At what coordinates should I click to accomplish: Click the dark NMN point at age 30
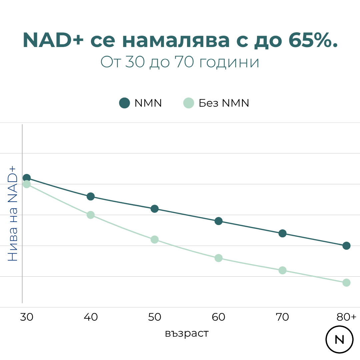27,178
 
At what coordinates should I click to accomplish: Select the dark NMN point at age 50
154,209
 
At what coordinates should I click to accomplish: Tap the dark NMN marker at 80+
346,246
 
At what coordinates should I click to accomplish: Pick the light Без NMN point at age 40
91,215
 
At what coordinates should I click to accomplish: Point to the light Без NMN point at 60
218,258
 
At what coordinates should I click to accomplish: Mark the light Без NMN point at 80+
346,283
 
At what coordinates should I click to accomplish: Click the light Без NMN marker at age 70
282,270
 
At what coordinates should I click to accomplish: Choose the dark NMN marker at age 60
218,221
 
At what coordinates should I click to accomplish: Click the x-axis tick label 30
27,317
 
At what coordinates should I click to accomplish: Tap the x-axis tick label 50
154,317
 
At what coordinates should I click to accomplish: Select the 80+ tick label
346,317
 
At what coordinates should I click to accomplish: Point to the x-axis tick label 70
282,317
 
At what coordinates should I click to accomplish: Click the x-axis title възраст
187,333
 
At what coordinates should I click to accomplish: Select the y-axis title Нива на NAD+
13,213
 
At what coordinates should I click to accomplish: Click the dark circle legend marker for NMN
124,103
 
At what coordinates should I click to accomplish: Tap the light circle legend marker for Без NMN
189,103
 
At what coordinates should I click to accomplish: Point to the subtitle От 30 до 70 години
180,62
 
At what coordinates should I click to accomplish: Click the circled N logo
339,340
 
